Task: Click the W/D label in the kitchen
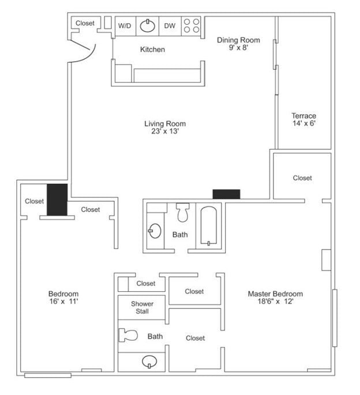[124, 26]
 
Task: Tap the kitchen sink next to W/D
[148, 26]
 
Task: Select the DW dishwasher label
[170, 26]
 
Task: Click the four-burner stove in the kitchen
[191, 26]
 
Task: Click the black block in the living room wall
[226, 194]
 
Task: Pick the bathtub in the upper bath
[209, 226]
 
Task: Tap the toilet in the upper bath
[183, 213]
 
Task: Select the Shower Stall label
[142, 307]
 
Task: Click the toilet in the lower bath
[127, 335]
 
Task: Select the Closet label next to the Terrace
[302, 178]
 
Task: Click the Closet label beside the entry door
[85, 24]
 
